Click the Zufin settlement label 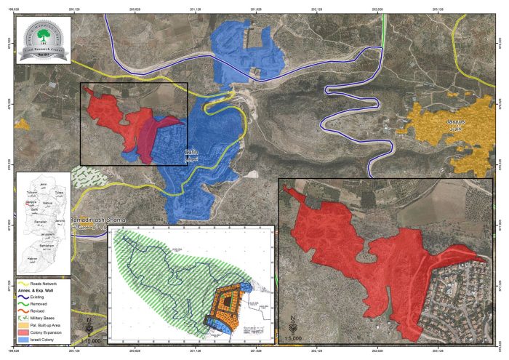point(191,156)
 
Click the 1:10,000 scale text point(89,340)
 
